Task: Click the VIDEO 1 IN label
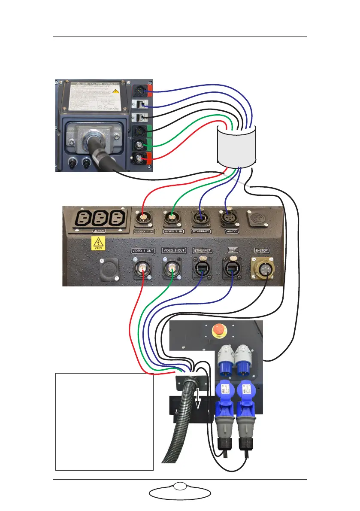coord(144,231)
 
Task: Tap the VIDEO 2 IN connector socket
coord(172,219)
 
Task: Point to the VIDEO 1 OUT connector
coord(142,270)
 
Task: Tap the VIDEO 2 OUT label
coord(173,250)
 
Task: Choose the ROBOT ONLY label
coord(232,249)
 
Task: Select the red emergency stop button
coord(218,330)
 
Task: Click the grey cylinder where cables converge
coord(237,146)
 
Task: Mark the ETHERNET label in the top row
coord(202,231)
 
